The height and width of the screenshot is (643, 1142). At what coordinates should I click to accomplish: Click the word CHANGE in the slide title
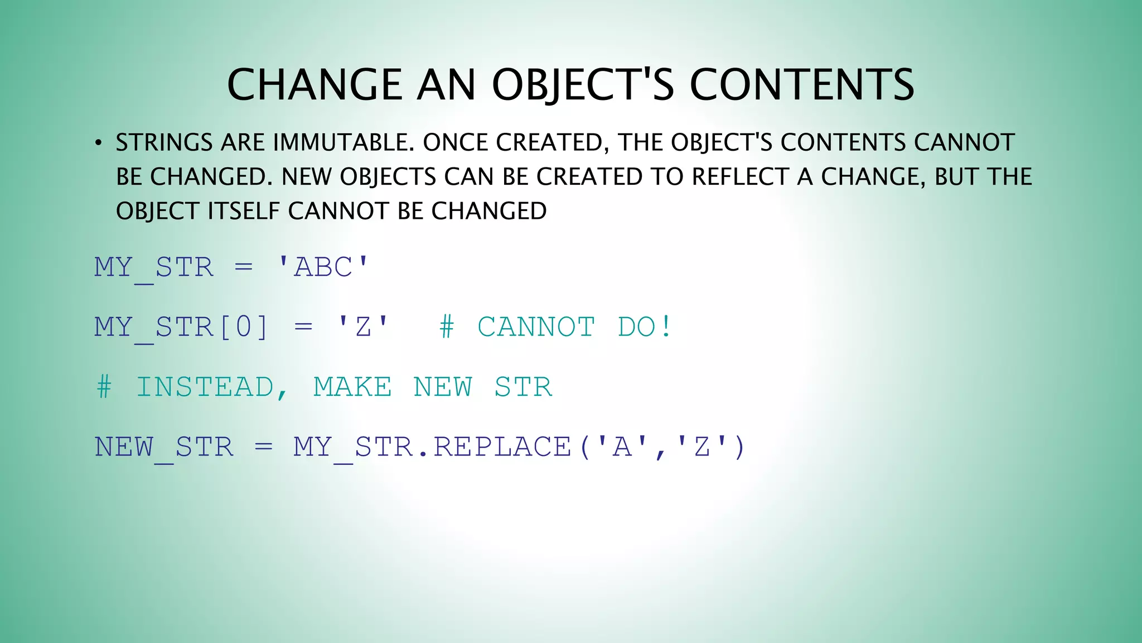click(314, 85)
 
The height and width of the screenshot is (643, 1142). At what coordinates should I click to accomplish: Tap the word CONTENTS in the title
click(802, 85)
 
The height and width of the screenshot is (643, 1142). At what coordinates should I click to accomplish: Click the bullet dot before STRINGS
click(98, 143)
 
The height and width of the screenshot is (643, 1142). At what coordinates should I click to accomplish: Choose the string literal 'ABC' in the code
click(323, 267)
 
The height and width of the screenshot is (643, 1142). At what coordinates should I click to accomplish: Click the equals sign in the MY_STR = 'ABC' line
click(244, 267)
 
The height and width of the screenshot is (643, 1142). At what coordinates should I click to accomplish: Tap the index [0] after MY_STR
click(244, 327)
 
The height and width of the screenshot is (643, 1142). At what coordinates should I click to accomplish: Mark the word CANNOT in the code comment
click(536, 327)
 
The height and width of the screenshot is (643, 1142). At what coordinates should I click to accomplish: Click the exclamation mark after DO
click(666, 327)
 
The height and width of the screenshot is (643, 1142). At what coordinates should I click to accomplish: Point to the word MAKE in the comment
click(352, 387)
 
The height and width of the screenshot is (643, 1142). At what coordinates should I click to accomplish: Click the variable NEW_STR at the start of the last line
click(164, 447)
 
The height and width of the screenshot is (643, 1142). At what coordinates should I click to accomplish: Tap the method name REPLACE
click(502, 447)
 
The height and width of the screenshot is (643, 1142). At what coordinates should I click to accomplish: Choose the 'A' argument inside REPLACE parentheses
click(622, 447)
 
